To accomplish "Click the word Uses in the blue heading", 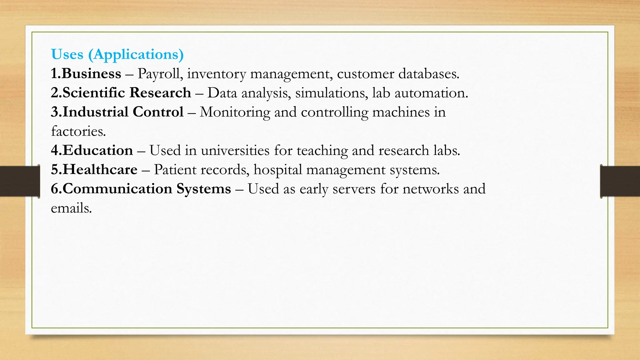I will click(67, 54).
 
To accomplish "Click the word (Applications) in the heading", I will click(136, 55).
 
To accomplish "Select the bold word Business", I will click(92, 74).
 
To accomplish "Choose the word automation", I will click(431, 93).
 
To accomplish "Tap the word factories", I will click(78, 132).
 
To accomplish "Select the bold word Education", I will click(98, 151).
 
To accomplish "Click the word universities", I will click(235, 151).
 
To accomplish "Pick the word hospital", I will click(278, 170).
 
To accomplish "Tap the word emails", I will click(71, 208).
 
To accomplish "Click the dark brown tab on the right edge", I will click(620, 181).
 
